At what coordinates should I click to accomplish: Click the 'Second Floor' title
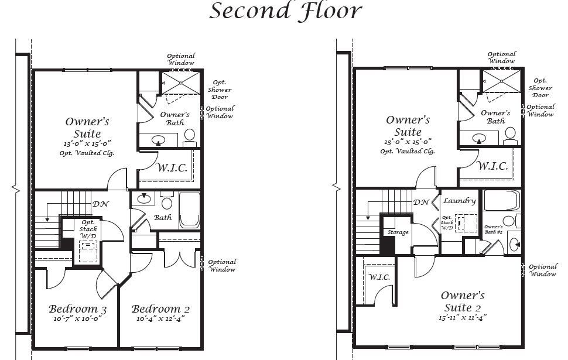[x=285, y=11]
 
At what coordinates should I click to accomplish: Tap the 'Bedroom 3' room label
[x=77, y=309]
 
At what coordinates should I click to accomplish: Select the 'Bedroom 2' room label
[x=160, y=309]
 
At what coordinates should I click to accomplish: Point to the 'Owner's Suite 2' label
[x=463, y=301]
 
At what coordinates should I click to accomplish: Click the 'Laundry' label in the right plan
[x=459, y=201]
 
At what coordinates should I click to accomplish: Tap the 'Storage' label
[x=398, y=232]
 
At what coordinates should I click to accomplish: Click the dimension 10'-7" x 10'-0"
[x=77, y=318]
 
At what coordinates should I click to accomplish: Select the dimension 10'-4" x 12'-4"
[x=160, y=318]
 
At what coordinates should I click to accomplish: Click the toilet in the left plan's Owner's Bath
[x=190, y=138]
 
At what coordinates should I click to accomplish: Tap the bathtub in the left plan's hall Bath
[x=190, y=211]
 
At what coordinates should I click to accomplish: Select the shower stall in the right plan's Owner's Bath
[x=501, y=81]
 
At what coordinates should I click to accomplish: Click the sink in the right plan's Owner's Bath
[x=479, y=138]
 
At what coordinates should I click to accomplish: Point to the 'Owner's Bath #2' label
[x=494, y=229]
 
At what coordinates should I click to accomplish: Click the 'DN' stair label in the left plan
[x=100, y=204]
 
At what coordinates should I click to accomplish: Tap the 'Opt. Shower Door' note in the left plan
[x=220, y=90]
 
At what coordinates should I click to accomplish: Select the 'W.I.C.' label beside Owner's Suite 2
[x=379, y=277]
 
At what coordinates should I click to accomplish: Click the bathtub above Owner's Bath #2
[x=502, y=200]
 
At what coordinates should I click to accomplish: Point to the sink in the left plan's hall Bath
[x=144, y=198]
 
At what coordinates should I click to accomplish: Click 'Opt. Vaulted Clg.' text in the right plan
[x=408, y=152]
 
